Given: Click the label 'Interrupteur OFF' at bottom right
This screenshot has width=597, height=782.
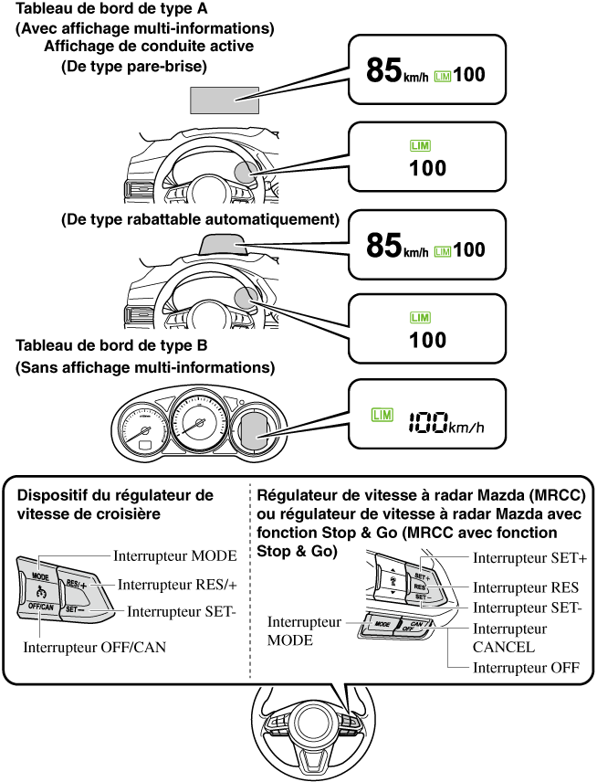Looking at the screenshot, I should tap(526, 668).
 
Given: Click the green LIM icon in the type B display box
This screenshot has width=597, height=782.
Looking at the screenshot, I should tap(382, 417).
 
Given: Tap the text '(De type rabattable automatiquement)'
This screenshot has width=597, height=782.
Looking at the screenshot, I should tap(200, 220).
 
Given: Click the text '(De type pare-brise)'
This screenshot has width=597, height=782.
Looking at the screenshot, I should tap(134, 66).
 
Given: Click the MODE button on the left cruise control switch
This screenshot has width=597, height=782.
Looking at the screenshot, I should tap(40, 578).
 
